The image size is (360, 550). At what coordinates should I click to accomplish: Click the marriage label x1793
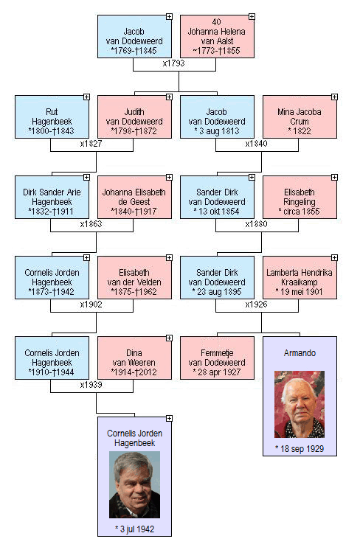tap(173, 63)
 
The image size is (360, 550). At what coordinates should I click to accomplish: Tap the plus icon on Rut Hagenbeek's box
tap(86, 97)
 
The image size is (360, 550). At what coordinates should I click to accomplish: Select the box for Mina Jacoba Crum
tap(300, 116)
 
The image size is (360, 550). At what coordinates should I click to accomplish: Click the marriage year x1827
tap(91, 144)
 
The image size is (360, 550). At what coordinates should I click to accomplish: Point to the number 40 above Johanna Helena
tap(216, 21)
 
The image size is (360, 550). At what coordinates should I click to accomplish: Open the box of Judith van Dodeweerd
tap(134, 116)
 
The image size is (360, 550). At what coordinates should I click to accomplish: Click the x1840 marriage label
tap(256, 144)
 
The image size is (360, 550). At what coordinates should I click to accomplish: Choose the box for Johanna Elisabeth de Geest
tap(134, 197)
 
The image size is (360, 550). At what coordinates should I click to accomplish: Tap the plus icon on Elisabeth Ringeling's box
tap(334, 178)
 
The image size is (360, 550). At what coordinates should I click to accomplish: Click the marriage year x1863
tap(91, 224)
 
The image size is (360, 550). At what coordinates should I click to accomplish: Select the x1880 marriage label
tap(256, 224)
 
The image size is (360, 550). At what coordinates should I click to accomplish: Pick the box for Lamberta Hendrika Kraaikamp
tap(300, 277)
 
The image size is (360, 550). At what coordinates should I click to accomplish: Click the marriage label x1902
tap(91, 304)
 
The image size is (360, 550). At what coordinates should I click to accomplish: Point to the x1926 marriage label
tap(256, 304)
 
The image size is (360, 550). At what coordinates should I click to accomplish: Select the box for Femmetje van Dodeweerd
tap(217, 358)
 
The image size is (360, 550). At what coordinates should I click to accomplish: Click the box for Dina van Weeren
tap(134, 358)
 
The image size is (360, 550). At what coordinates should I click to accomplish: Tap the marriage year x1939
tap(91, 385)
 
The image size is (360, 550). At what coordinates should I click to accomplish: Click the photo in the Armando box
tap(300, 404)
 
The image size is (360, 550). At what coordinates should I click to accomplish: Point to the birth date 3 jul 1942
tap(135, 529)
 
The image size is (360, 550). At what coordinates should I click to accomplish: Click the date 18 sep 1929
tap(300, 449)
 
